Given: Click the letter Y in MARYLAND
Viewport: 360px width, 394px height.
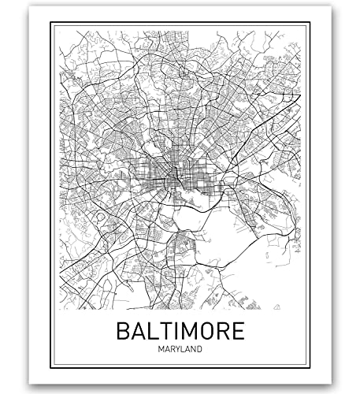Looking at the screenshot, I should [x=180, y=348].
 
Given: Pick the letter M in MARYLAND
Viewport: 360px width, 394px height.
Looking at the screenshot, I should [x=158, y=348].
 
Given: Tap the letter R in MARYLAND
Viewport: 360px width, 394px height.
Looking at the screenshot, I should [x=173, y=348].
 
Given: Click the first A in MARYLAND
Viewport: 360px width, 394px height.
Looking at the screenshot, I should [x=165, y=348].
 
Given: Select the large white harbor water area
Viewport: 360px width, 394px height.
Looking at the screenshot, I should [x=236, y=236].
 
